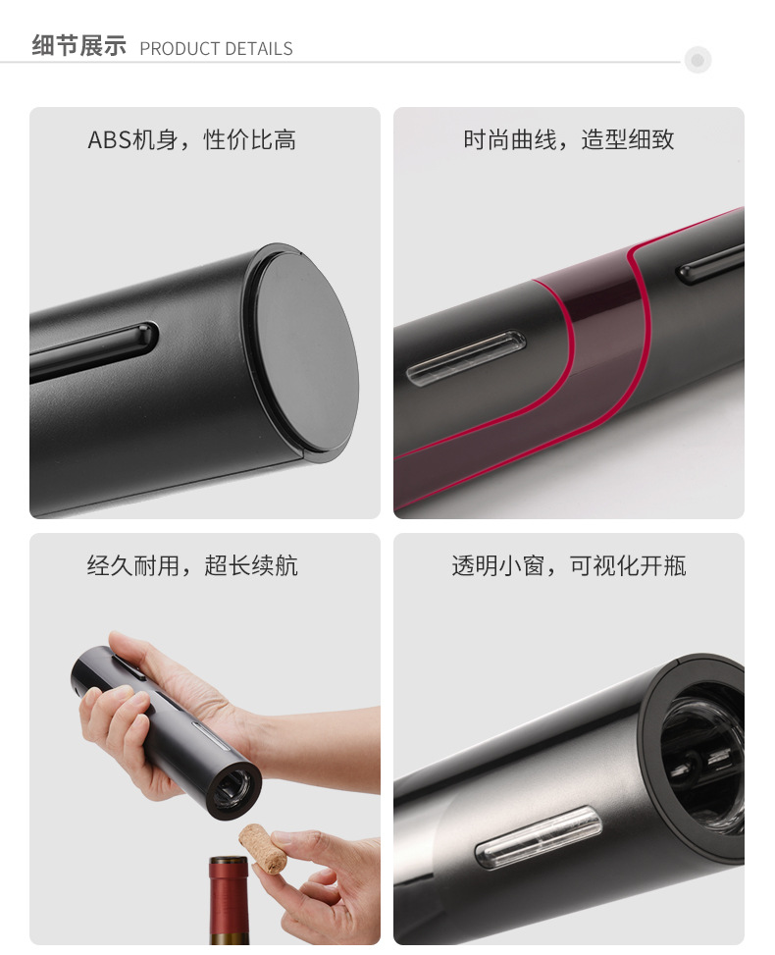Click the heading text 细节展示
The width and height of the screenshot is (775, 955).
(78, 46)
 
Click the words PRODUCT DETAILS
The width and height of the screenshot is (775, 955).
(216, 49)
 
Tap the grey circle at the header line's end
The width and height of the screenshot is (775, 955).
(697, 61)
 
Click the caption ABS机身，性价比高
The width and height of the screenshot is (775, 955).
(192, 140)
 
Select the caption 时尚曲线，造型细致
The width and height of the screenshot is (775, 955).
(569, 139)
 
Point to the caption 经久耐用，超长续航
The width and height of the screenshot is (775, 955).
(192, 566)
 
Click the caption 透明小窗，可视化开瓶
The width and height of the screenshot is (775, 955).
(569, 566)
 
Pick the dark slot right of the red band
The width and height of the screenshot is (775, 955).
(711, 261)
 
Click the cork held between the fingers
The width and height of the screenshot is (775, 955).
(263, 848)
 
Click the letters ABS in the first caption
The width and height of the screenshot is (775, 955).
(110, 140)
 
